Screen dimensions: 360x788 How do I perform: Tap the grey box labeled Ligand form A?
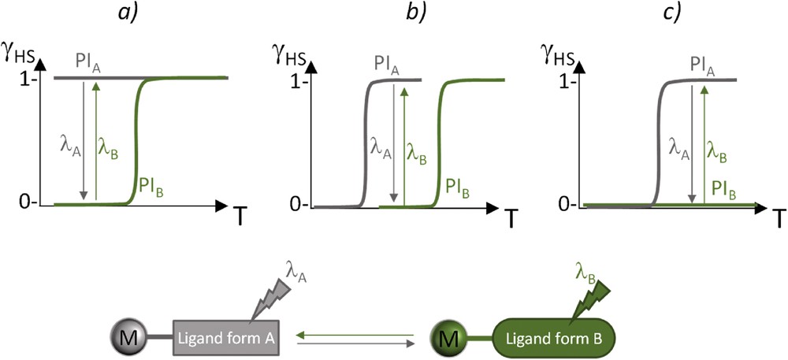(x=225, y=338)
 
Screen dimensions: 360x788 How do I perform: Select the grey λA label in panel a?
(x=70, y=146)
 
